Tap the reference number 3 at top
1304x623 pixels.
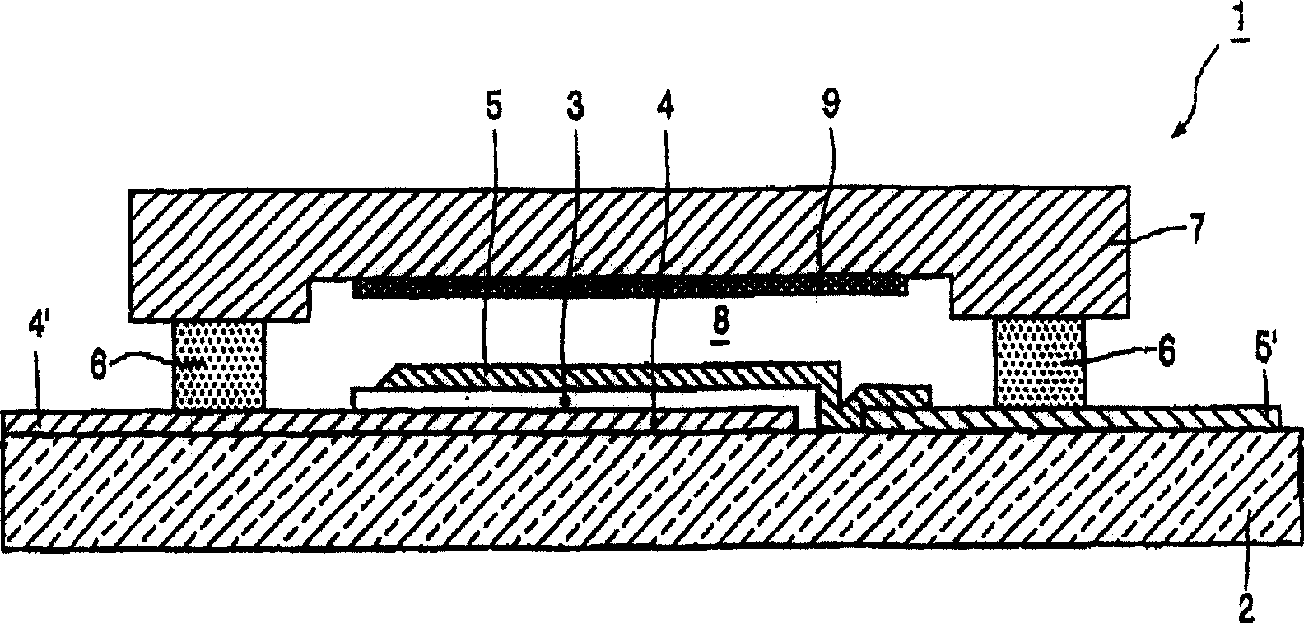point(575,107)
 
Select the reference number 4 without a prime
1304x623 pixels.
point(665,106)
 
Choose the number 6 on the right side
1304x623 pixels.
point(1163,351)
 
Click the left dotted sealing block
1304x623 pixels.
point(219,365)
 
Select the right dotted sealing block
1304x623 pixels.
point(1041,361)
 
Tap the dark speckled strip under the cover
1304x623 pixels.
point(631,286)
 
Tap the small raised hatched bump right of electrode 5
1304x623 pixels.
point(890,397)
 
